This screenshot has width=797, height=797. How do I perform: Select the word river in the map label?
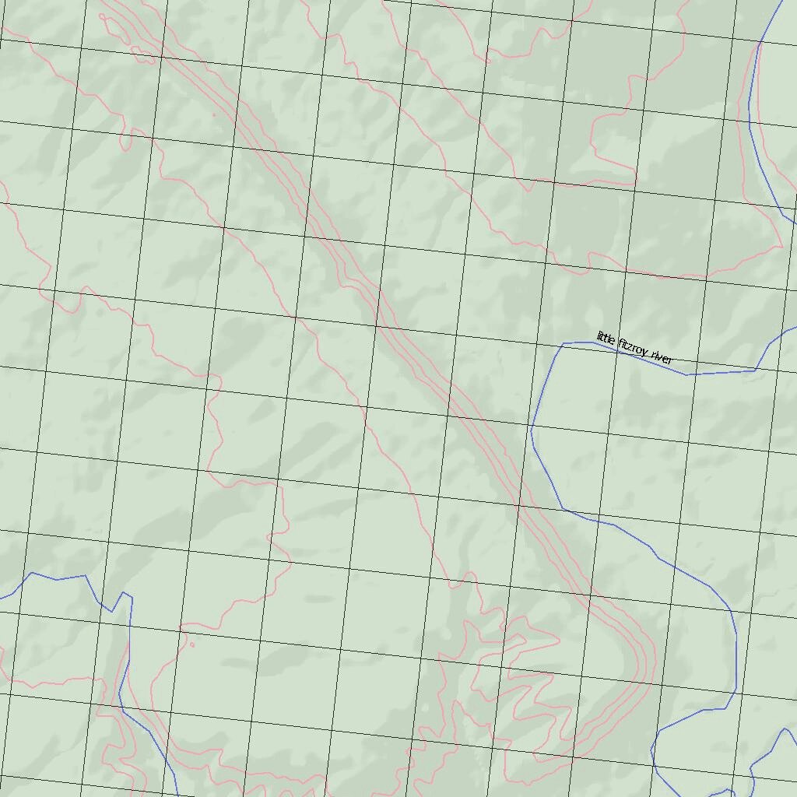[662, 358]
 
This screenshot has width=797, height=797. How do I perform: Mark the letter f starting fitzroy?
[621, 343]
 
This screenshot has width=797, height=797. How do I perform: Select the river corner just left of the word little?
[563, 343]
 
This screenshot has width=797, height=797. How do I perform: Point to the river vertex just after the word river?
[686, 374]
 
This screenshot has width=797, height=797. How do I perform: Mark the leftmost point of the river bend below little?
[532, 430]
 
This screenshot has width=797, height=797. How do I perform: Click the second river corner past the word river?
[755, 370]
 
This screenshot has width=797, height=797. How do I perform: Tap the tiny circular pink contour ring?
[191, 644]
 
